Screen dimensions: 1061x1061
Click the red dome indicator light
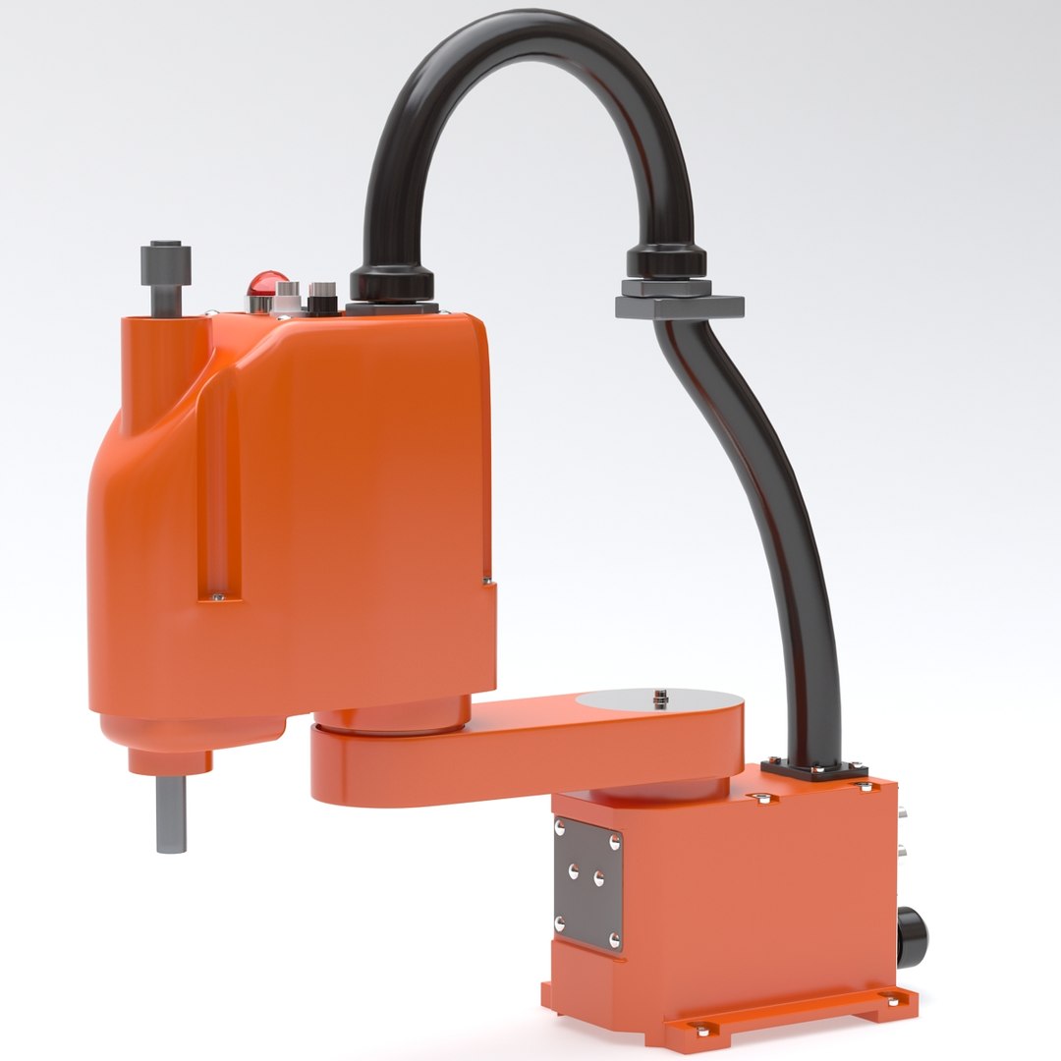coord(267,284)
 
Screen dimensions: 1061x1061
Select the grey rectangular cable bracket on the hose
coord(679,306)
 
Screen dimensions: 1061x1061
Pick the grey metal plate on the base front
coord(587,882)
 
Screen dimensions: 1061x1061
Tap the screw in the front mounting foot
coord(701,1028)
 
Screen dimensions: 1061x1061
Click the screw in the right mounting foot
coord(893,1000)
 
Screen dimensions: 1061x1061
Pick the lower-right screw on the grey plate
coord(615,940)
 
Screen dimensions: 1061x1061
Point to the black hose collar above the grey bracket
coord(666,261)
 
